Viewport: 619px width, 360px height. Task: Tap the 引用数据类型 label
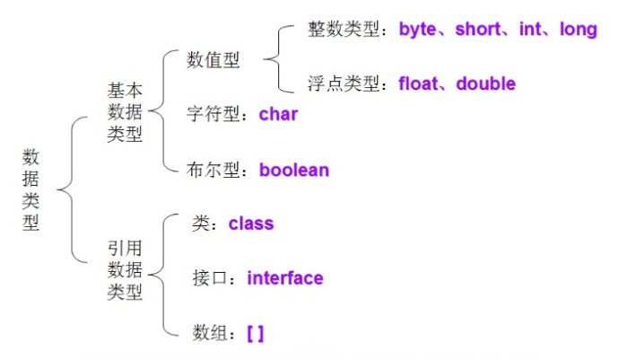pyautogui.click(x=125, y=269)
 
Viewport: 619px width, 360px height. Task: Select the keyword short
pyautogui.click(x=481, y=31)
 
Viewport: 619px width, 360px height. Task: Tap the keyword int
pyautogui.click(x=529, y=31)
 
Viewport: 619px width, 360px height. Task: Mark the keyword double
pyautogui.click(x=485, y=84)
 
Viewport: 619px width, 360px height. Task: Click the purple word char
pyautogui.click(x=278, y=115)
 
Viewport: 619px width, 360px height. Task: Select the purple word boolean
pyautogui.click(x=294, y=170)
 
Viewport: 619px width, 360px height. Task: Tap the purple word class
pyautogui.click(x=251, y=224)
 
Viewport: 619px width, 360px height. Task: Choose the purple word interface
pyautogui.click(x=284, y=278)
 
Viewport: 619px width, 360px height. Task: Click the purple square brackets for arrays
pyautogui.click(x=255, y=333)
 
